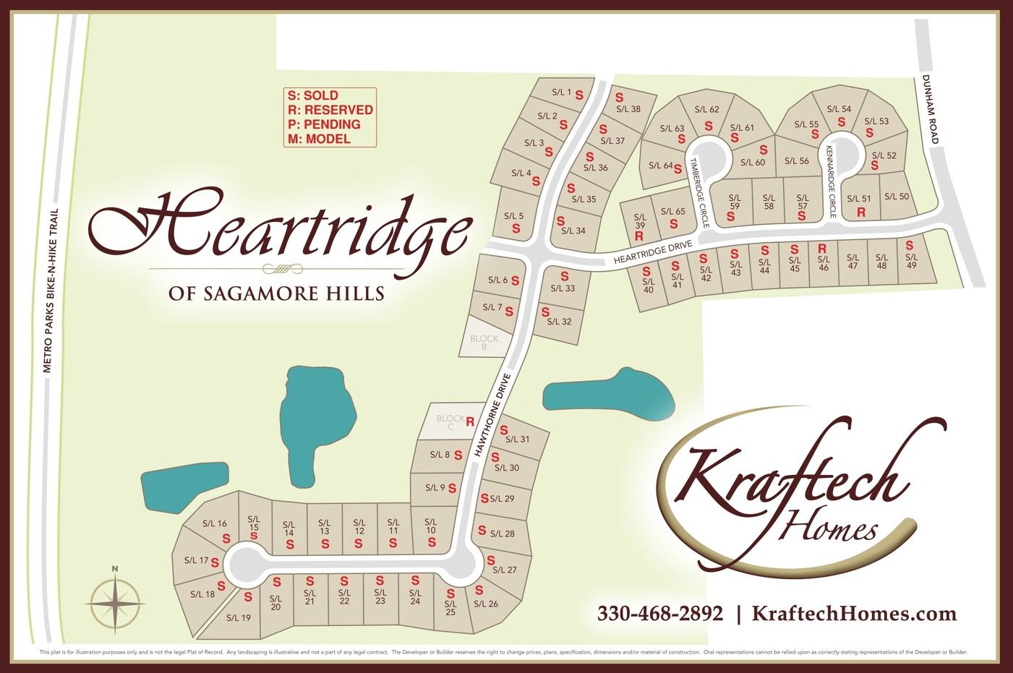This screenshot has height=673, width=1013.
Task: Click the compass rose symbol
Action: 114,601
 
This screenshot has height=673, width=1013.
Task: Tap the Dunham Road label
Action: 930,108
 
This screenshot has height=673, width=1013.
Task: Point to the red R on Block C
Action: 470,421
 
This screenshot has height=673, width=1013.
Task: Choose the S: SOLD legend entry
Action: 313,95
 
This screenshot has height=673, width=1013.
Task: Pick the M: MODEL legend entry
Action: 319,139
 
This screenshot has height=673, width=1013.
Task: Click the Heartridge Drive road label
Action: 653,252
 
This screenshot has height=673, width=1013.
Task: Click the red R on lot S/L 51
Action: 861,213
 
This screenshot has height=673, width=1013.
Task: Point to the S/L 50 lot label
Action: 897,196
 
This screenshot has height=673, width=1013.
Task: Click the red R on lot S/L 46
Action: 822,249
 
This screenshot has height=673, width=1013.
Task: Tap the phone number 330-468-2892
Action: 659,614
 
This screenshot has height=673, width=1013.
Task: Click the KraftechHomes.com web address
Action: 854,614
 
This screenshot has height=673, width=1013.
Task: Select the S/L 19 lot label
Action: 238,617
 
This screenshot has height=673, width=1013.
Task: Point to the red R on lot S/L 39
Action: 639,236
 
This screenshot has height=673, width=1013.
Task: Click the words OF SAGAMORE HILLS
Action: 276,293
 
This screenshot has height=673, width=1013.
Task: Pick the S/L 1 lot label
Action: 561,93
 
